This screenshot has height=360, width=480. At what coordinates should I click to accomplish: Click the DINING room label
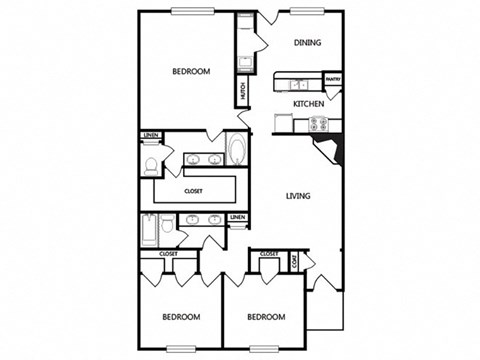[x=305, y=42]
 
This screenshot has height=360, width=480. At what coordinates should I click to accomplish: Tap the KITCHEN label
[x=307, y=103]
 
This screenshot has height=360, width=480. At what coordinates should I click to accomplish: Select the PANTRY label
[x=334, y=80]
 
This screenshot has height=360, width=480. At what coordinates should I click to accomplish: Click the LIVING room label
[x=296, y=196]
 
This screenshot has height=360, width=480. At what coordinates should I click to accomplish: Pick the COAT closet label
[x=294, y=262]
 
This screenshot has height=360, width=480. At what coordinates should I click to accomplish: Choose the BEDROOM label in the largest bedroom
[x=190, y=71]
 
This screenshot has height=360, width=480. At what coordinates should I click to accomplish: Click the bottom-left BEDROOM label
[x=181, y=317]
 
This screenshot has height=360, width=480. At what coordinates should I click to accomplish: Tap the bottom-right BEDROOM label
[x=266, y=317]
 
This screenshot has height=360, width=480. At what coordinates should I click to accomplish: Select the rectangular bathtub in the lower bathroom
[x=149, y=231]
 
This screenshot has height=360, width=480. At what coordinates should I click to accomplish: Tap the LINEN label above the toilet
[x=151, y=135]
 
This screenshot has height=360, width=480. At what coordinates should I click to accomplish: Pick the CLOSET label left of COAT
[x=268, y=254]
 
